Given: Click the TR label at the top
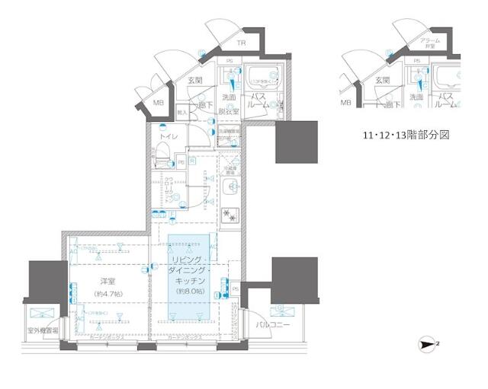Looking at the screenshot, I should click(x=241, y=43).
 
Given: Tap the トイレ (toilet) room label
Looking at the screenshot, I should click(x=169, y=137).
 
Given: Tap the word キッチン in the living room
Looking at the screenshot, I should click(x=189, y=281).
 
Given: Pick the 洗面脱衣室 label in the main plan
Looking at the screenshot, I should click(x=230, y=104).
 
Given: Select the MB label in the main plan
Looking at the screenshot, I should click(x=159, y=103).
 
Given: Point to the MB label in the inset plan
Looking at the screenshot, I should click(x=346, y=102).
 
